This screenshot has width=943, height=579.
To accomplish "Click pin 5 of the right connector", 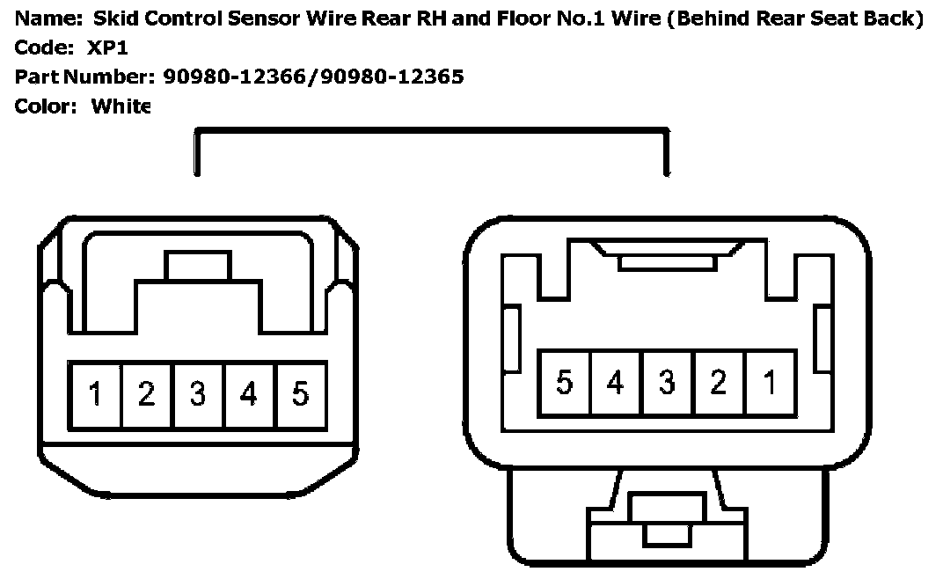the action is [x=564, y=383].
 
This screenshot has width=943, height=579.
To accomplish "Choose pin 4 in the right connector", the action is [x=616, y=383].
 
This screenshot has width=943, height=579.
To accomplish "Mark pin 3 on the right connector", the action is [x=667, y=383].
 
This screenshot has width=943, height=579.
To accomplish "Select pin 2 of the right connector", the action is [x=719, y=383].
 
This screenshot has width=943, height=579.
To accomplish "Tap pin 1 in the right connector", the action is [x=771, y=383].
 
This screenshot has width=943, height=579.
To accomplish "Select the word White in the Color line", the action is [x=121, y=106].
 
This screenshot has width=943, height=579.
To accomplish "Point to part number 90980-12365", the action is [x=392, y=77].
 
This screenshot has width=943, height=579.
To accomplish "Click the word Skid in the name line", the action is [x=113, y=19].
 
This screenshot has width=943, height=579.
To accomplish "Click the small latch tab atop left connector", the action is [x=197, y=265].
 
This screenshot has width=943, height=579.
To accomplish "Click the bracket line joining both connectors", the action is [x=431, y=131].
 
